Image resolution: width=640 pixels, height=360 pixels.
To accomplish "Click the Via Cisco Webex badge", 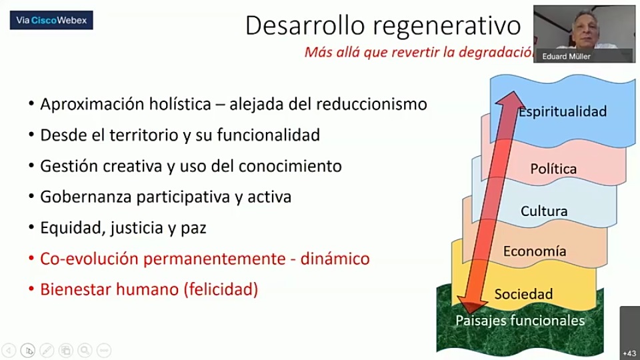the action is click(51, 20).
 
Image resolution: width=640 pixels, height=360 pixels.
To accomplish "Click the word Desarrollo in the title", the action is click(305, 25).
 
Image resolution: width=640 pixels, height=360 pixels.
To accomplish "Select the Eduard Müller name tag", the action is click(566, 56).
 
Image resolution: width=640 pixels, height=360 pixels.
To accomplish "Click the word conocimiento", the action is click(290, 166).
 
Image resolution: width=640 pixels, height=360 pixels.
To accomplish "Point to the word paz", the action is click(193, 229).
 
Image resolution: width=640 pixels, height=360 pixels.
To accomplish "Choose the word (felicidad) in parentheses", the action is click(221, 289).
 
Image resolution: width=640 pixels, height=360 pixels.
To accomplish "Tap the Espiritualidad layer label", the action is click(563, 112).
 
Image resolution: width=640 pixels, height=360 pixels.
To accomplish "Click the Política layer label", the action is click(553, 169).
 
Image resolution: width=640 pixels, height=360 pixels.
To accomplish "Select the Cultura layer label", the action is click(544, 211).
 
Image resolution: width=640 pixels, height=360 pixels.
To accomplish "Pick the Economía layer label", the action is click(534, 251).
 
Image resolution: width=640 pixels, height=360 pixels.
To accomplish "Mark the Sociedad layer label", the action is click(523, 294).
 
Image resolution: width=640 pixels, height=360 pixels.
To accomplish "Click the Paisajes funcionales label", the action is click(520, 321).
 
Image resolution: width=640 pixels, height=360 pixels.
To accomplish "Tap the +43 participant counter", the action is click(629, 353).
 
